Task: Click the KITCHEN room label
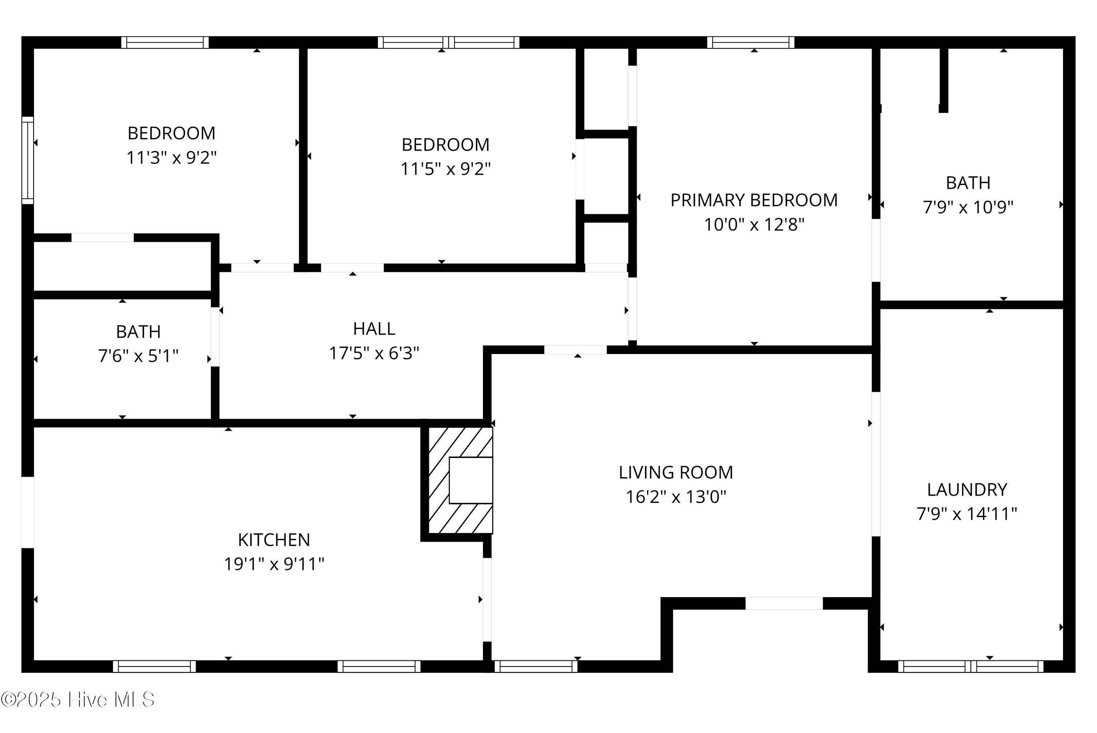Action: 274,540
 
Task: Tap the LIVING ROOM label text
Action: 676,472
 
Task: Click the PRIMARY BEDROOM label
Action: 754,200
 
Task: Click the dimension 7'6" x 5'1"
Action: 138,356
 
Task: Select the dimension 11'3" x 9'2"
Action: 171,158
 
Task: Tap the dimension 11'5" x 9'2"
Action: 445,169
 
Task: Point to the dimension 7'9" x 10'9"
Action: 968,207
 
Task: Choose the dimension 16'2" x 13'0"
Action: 676,496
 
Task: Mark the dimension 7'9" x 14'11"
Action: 967,514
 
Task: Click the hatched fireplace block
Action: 460,480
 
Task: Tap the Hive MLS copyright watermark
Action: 78,700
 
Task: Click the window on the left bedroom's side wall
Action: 28,160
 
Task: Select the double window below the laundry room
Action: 970,666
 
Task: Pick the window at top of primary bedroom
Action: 750,42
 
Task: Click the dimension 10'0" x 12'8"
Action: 754,224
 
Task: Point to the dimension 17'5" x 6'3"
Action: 374,353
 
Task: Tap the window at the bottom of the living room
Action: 536,666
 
